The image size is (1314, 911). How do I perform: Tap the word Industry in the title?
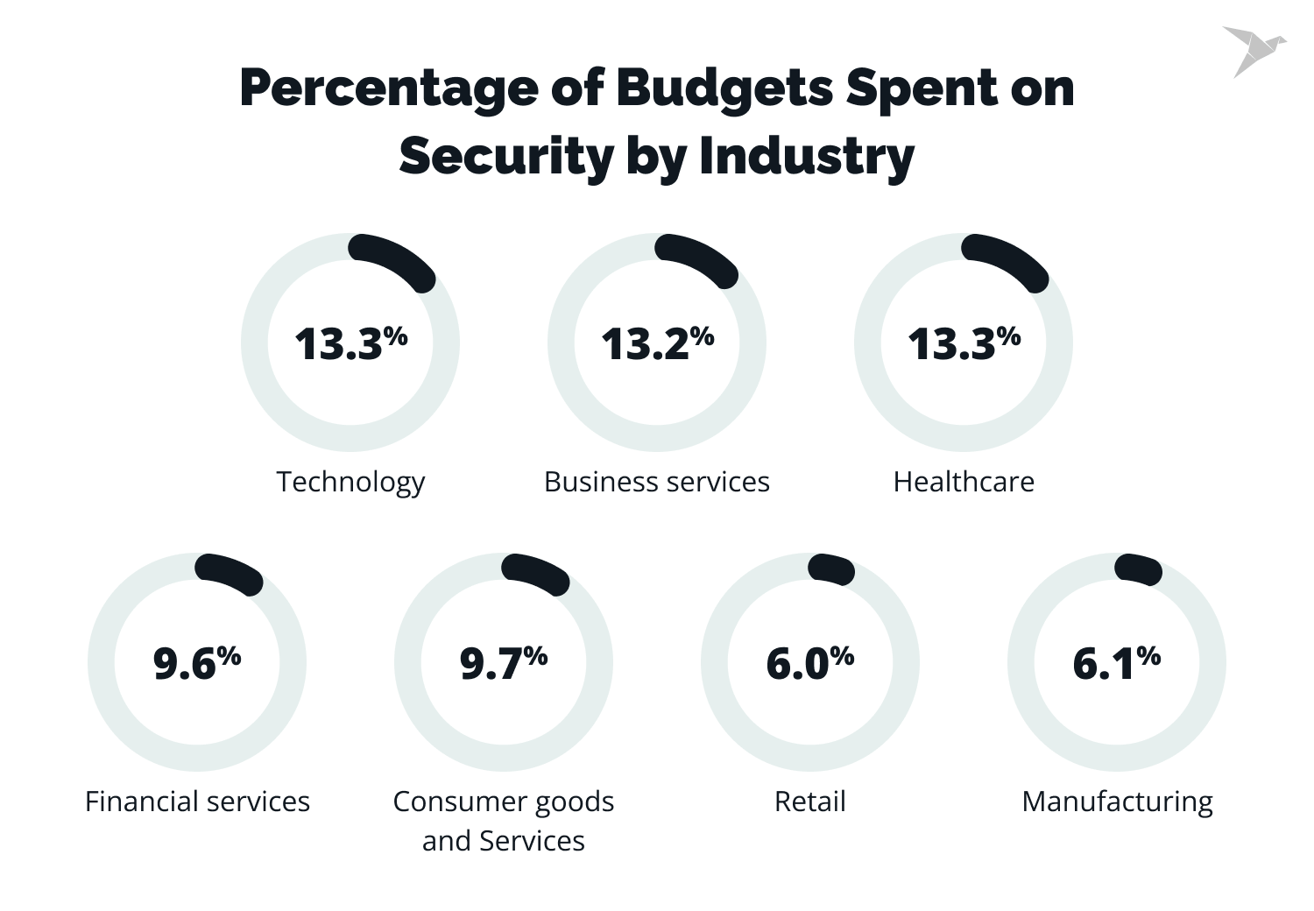point(806,157)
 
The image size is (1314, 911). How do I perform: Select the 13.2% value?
point(657,343)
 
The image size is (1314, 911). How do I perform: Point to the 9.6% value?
point(197,663)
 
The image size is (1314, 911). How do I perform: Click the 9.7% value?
point(504,663)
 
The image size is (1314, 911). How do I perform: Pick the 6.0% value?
point(810,663)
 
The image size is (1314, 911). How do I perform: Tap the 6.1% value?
point(1117,663)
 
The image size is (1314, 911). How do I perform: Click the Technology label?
point(350,482)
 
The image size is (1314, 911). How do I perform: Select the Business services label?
point(657,482)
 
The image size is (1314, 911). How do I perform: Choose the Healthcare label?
point(964,482)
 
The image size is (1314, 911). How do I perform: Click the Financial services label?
point(197,802)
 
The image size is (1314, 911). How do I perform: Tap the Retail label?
point(810,802)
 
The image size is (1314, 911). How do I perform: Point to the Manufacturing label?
point(1117,802)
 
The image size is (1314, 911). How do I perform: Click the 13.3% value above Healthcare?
point(964,343)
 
